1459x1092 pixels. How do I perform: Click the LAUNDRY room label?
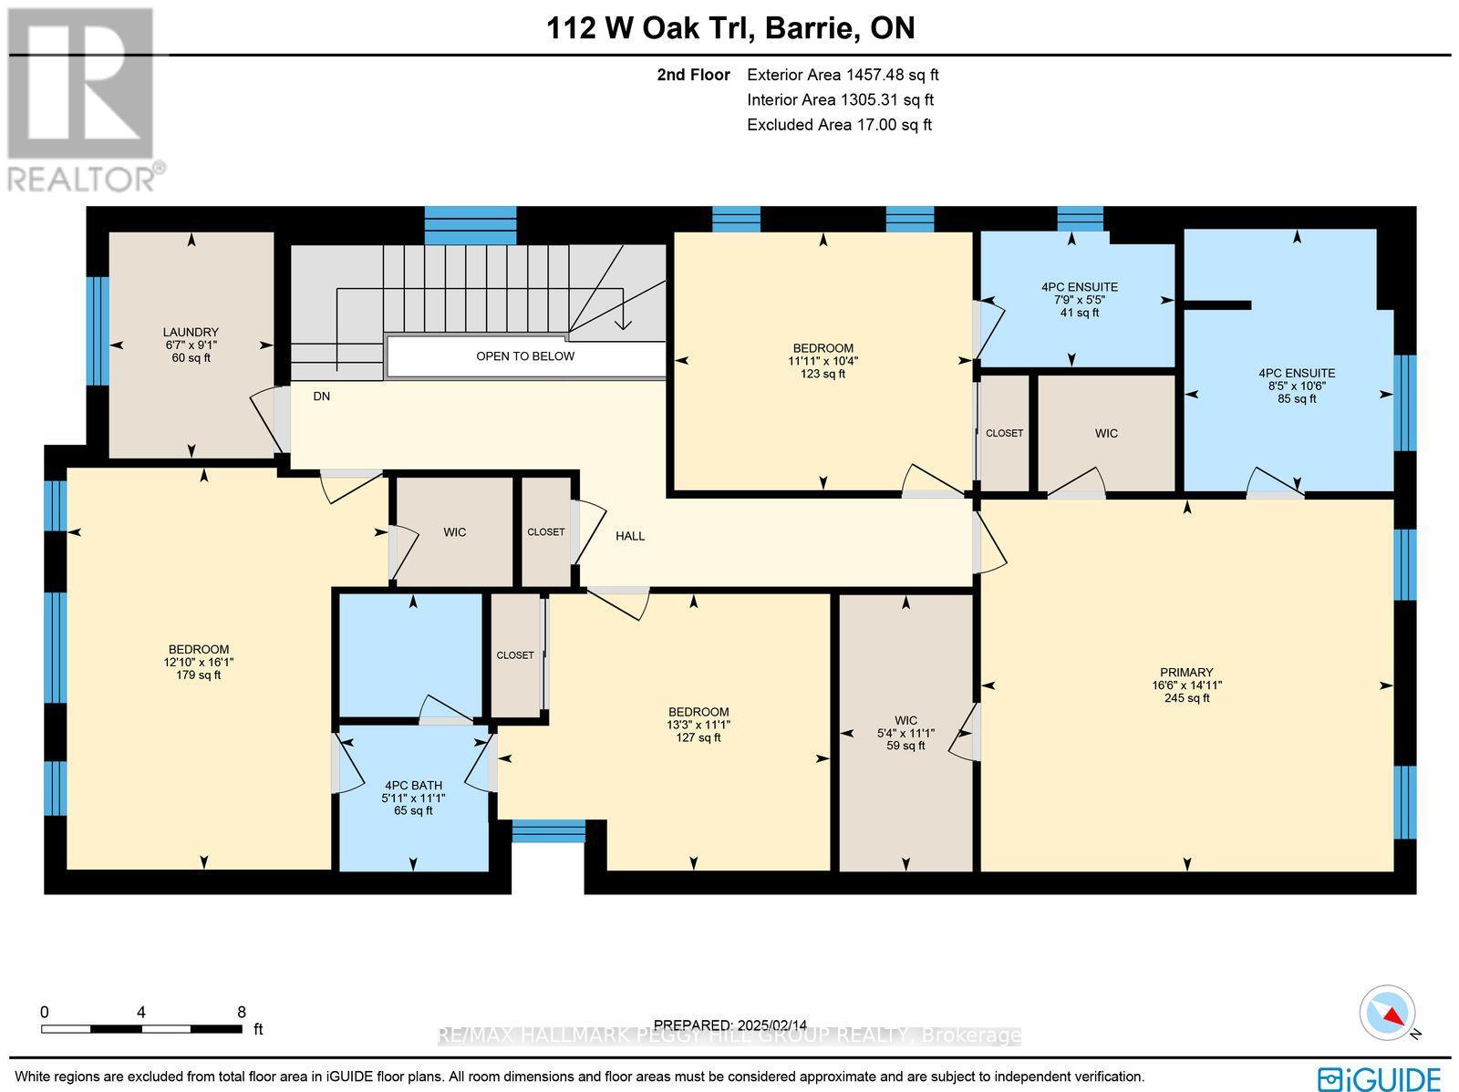pos(191,332)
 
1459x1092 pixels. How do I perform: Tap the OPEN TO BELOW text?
pos(525,356)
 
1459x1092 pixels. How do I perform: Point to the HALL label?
pos(630,536)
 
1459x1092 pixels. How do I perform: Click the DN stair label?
pos(321,397)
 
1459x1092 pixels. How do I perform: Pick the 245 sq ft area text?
pos(1186,698)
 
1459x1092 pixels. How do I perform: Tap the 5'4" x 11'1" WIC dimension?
pos(905,733)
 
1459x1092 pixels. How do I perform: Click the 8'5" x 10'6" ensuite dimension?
pos(1297,386)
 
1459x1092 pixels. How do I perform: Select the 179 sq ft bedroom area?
pos(198,675)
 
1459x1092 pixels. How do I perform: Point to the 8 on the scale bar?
pos(241,1012)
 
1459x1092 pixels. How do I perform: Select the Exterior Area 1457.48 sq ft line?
pos(842,76)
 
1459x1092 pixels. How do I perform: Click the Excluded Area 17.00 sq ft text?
pos(839,125)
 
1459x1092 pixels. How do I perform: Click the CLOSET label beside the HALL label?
pos(546,532)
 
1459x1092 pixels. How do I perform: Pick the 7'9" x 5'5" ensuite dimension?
pos(1079,300)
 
